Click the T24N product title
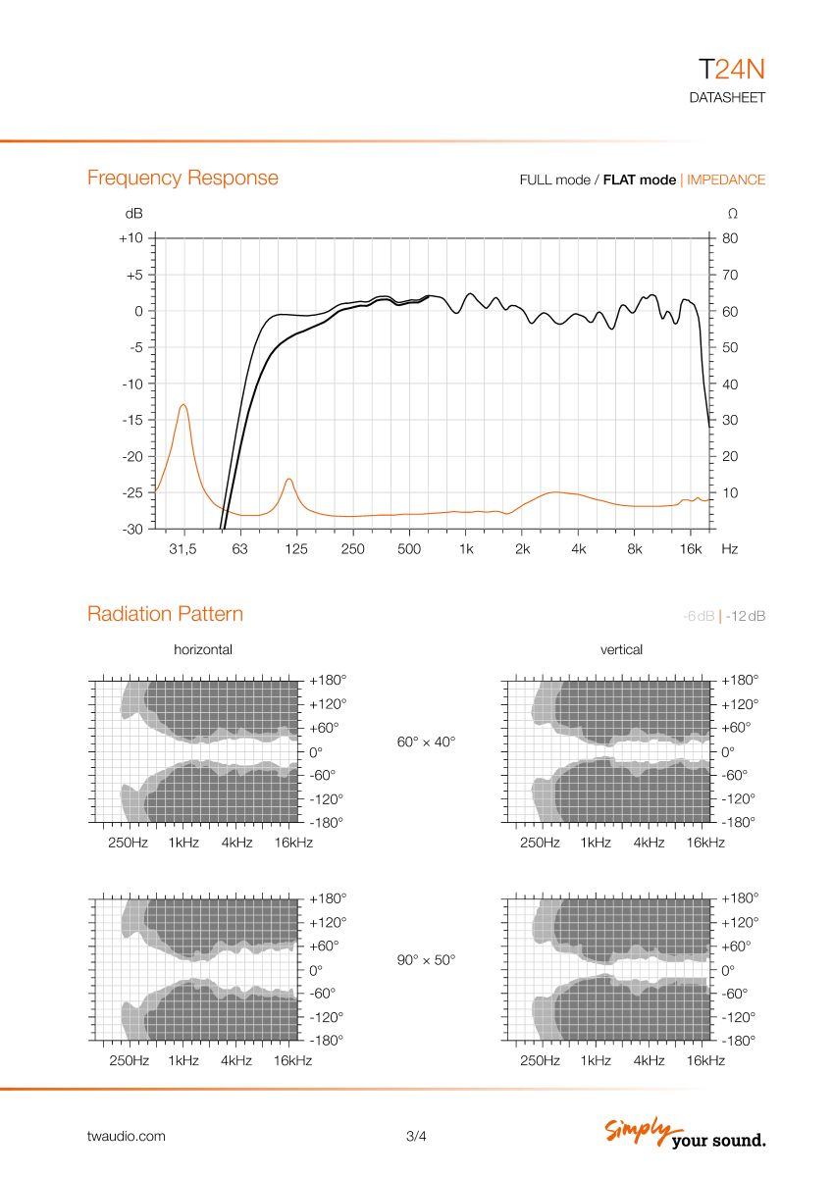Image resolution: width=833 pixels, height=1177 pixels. (x=731, y=69)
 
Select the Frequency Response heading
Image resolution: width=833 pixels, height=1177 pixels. (x=182, y=178)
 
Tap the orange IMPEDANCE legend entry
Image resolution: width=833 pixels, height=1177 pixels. (x=726, y=179)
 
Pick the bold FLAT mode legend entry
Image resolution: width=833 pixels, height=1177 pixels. (x=639, y=179)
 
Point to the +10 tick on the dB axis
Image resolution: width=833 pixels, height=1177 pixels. (x=131, y=238)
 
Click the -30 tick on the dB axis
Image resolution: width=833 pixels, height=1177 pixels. (x=131, y=529)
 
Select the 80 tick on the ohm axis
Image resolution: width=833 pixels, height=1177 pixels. (x=730, y=238)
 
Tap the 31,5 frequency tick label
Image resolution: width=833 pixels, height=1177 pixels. (x=182, y=549)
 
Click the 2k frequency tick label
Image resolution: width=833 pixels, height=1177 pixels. (x=522, y=549)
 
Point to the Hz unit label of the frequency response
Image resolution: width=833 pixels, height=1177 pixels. (x=729, y=549)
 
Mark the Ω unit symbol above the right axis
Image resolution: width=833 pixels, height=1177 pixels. (x=731, y=213)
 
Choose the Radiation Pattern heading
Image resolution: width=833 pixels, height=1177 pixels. (x=165, y=614)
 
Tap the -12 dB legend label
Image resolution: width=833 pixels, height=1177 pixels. (x=746, y=616)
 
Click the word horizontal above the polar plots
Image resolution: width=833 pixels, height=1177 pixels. (x=203, y=649)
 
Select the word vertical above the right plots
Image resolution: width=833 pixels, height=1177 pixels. (x=621, y=649)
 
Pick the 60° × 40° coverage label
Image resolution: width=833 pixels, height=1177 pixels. (x=426, y=742)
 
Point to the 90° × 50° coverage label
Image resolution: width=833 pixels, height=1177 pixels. (x=426, y=961)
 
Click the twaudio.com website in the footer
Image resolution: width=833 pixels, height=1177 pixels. (x=126, y=1137)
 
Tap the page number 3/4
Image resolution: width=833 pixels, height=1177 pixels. (x=416, y=1137)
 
